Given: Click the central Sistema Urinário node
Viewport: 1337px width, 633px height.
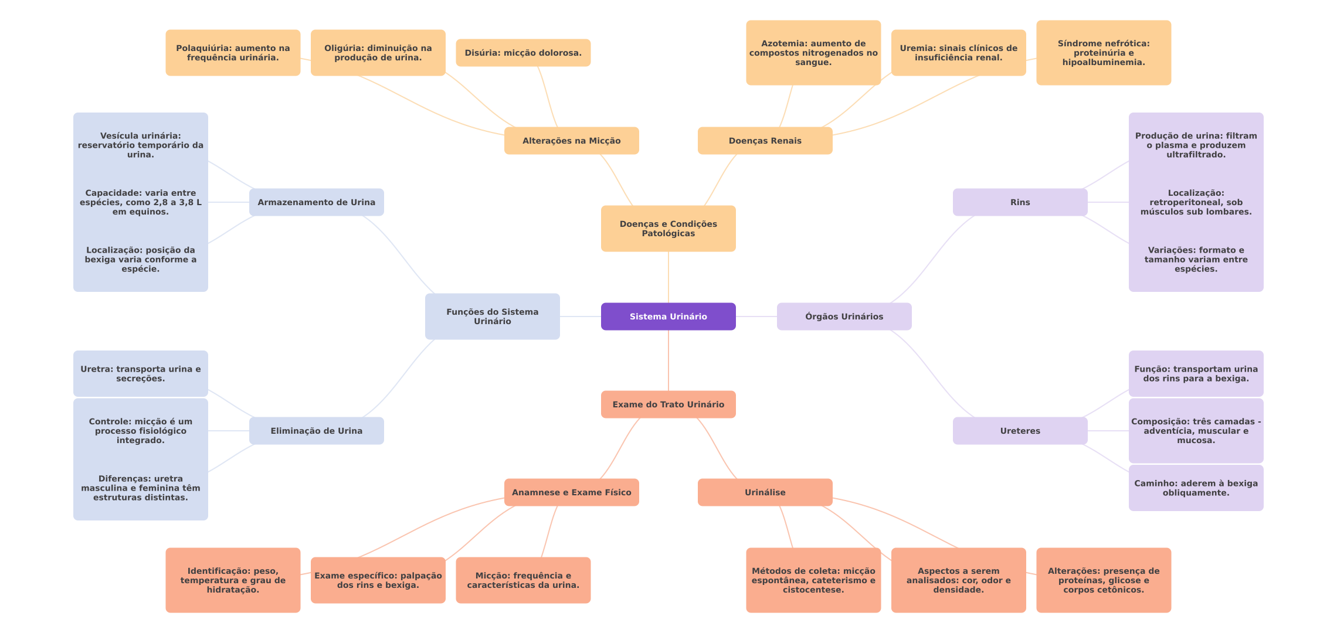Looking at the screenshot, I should click(x=668, y=316).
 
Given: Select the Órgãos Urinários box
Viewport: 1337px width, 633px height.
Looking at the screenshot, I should click(x=844, y=316).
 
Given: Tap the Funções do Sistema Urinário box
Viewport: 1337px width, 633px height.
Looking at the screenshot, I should click(x=492, y=316).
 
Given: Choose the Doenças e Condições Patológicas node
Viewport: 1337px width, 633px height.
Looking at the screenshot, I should click(x=668, y=229).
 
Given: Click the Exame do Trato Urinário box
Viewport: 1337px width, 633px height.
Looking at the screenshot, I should click(x=668, y=404).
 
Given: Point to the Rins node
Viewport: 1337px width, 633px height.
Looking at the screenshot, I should click(x=1020, y=202).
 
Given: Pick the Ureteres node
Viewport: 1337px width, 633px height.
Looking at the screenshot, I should click(x=1020, y=431).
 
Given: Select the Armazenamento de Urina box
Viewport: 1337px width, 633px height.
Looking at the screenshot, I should click(x=316, y=202).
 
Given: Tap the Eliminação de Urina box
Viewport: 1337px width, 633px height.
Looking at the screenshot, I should click(x=316, y=431).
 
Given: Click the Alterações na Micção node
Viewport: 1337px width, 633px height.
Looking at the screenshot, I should click(x=571, y=141).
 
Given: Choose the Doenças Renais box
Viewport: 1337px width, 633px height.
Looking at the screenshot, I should click(x=765, y=141).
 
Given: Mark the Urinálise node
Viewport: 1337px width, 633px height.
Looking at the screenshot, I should click(x=765, y=492).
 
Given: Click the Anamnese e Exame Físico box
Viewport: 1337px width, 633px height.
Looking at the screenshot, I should click(x=571, y=492).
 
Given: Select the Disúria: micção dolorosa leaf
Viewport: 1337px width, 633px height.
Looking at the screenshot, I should click(x=523, y=53).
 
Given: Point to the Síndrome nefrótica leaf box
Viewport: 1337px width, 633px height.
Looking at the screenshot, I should click(x=1104, y=53).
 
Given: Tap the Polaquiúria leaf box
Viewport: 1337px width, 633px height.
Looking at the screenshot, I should click(x=233, y=53).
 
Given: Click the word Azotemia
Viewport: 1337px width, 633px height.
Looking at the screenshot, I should click(x=783, y=43).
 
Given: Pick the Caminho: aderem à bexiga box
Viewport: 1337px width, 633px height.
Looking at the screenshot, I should click(x=1196, y=488).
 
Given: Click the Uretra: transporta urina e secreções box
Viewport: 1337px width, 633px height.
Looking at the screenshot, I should click(x=140, y=374).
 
